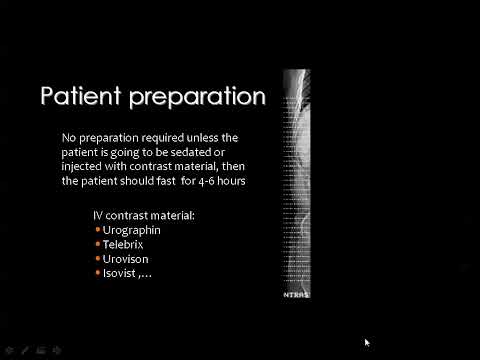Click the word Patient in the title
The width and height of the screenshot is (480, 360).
74,97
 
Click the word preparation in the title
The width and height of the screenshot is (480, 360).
190,98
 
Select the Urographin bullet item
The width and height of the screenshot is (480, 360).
132,230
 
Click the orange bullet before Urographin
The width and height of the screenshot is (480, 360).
98,230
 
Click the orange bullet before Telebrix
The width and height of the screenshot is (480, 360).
98,244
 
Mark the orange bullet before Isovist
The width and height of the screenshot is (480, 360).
98,272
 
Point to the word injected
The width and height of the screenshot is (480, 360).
83,166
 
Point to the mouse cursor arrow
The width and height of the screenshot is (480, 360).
367,342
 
